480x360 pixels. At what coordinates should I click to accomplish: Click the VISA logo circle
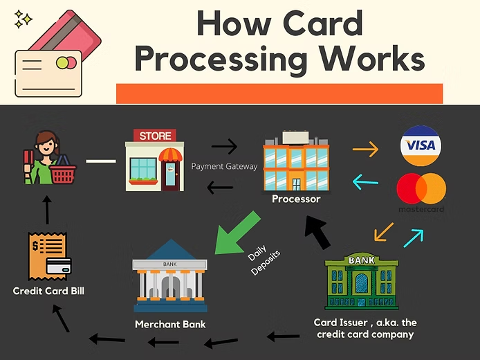(x=421, y=146)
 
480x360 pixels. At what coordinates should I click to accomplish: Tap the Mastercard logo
(x=421, y=190)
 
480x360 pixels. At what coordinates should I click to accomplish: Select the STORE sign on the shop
(x=155, y=136)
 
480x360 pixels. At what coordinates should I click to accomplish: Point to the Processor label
(x=296, y=199)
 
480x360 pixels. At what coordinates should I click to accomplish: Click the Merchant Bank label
(x=170, y=324)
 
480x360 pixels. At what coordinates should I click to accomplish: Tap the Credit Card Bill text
(x=48, y=291)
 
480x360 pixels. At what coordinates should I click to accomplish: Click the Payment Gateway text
(x=224, y=166)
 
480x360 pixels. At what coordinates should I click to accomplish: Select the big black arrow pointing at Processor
(x=317, y=232)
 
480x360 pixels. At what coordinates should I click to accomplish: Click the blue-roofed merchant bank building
(x=169, y=274)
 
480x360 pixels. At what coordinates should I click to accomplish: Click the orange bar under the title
(x=279, y=93)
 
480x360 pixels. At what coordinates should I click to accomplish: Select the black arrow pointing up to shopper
(x=48, y=209)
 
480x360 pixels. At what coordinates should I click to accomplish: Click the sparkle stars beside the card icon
(x=23, y=19)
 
